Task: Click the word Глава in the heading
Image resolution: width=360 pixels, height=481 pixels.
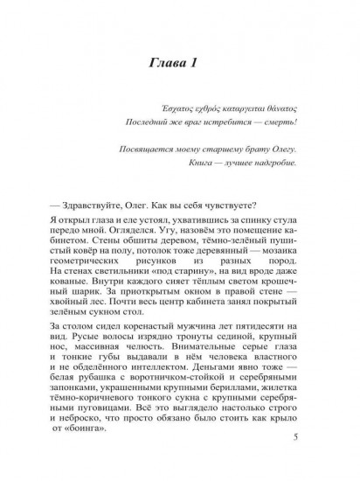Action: [167, 62]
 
